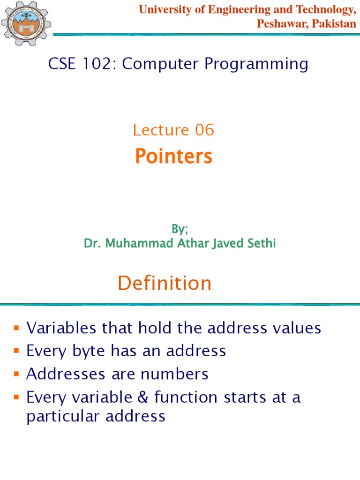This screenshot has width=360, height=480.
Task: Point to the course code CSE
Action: (63, 64)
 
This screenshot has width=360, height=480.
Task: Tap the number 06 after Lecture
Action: (204, 130)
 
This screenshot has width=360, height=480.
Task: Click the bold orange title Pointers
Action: (173, 157)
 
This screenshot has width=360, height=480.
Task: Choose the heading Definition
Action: (165, 283)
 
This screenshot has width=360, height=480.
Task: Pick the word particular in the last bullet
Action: (63, 416)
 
